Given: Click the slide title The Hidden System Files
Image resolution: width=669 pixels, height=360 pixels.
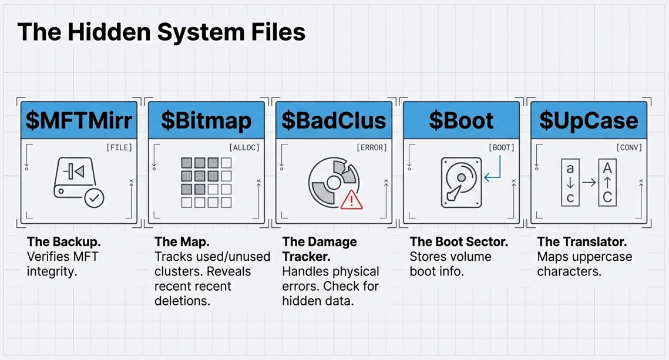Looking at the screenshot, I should coord(162,32).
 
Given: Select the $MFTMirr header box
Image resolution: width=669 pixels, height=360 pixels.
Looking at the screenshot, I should coord(79,120).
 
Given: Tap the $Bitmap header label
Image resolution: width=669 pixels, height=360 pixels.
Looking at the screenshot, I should coord(206,120).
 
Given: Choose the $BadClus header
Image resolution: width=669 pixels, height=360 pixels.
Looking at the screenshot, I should coord(334,120).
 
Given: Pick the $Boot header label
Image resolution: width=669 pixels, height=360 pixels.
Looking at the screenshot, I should coord(461,120).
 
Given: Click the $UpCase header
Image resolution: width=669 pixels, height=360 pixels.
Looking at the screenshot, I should coord(589,120).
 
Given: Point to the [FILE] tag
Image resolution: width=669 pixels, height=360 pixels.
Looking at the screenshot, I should coord(119,147).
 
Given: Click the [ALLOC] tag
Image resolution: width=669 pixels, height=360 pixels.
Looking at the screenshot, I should coord(244,147).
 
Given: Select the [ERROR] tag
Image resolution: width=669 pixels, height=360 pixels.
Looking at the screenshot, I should coord(371,147).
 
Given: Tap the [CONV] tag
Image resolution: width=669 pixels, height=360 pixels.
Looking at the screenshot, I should coord(629,147).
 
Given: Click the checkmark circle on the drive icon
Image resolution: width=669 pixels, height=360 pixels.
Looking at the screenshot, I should coord(94,198).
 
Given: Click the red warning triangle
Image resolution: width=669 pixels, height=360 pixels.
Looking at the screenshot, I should coord(351,200).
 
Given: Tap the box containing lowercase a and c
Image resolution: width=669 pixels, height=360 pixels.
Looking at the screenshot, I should coord(570,183).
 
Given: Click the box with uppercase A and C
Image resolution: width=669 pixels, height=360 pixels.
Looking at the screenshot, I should coord(607,183).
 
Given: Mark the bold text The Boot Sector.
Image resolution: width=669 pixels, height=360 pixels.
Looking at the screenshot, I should coord(459,242).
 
